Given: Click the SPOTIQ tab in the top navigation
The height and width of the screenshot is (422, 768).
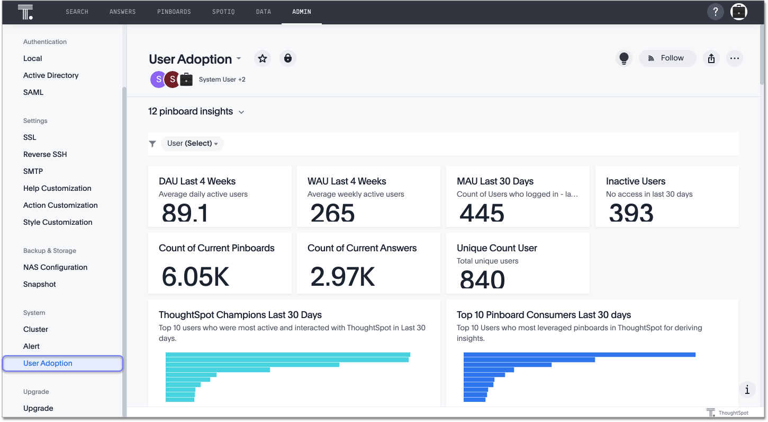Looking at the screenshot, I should (x=223, y=12).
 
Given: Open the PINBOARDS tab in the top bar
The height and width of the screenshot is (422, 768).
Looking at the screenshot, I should (x=174, y=12).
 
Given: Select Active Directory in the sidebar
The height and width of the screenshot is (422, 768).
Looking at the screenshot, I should (x=51, y=75).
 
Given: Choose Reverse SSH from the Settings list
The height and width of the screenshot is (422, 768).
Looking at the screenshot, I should (x=45, y=154).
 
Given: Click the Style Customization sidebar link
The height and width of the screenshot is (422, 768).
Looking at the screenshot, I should (x=58, y=222).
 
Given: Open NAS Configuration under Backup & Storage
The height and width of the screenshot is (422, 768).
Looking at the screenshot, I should (x=55, y=267).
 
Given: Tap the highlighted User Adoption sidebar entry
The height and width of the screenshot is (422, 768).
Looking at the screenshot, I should (x=48, y=363).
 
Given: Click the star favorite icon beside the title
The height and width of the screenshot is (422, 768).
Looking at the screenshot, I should (x=263, y=58).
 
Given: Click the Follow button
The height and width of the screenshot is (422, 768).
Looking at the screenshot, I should (x=667, y=58).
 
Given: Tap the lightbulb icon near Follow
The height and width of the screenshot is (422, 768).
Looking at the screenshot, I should (x=624, y=58).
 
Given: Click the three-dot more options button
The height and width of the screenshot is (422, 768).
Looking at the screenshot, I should (x=734, y=58).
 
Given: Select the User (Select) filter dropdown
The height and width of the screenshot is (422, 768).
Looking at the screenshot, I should (x=192, y=144).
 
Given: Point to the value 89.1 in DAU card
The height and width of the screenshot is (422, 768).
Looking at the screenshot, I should (x=185, y=213).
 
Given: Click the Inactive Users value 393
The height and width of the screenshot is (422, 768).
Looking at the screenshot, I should (x=631, y=213).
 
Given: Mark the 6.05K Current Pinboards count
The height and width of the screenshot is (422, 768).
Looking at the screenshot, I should (x=195, y=276).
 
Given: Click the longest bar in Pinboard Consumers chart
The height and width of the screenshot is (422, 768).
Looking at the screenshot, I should (x=579, y=355).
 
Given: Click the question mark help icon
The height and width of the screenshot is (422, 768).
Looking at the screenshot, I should (x=715, y=12).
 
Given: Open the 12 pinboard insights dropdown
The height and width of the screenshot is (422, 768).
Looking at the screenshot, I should (x=196, y=112).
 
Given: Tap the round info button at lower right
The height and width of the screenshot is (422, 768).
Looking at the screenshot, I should (x=747, y=390).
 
